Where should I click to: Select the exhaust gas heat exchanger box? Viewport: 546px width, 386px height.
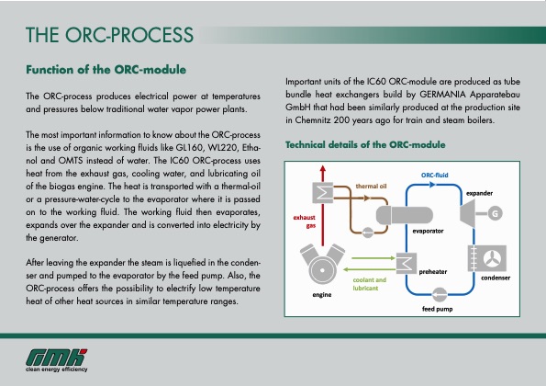coord(323,190)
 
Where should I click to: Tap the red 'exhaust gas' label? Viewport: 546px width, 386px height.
coord(304,221)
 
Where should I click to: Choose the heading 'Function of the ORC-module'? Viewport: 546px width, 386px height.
coord(106,69)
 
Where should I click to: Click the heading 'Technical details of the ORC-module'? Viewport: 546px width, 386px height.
coord(365,145)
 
